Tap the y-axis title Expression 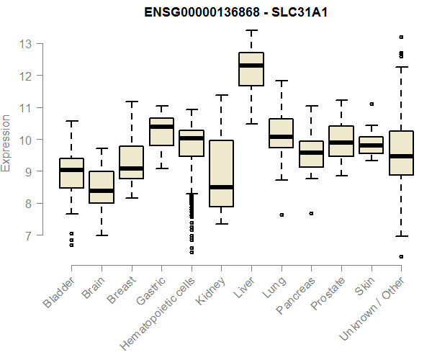[x=6, y=143]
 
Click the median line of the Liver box [x=251, y=66]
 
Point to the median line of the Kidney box [x=222, y=187]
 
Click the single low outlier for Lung [x=282, y=215]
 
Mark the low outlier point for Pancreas [x=311, y=213]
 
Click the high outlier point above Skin [x=371, y=104]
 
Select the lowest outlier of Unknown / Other [x=401, y=256]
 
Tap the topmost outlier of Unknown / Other [x=401, y=37]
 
